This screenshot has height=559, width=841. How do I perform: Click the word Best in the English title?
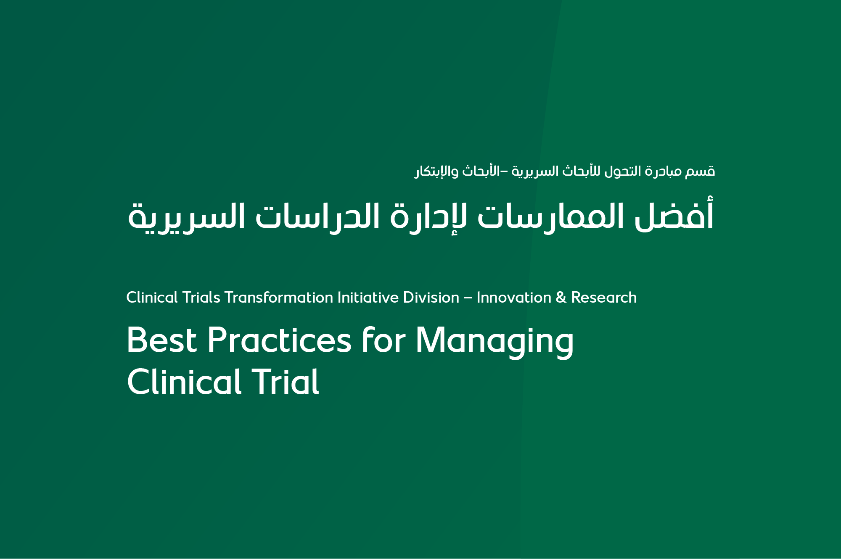161,340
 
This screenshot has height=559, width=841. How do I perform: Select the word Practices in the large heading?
279,340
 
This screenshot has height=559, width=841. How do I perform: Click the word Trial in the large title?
286,382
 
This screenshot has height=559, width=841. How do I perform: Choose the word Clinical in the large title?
184,382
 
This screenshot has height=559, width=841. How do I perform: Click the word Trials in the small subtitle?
201,298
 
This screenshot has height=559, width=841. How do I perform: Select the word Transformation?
279,298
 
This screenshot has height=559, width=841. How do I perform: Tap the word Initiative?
368,298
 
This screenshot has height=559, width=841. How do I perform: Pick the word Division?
431,298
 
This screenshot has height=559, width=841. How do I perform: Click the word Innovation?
513,298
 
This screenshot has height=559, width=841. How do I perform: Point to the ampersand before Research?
561,298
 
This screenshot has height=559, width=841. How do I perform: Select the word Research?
603,298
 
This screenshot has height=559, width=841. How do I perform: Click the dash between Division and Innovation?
468,298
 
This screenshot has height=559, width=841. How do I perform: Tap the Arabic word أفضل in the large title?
674,216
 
